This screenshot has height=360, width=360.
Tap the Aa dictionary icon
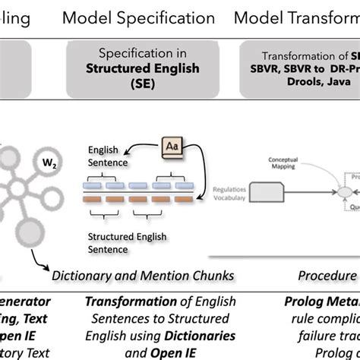171,145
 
